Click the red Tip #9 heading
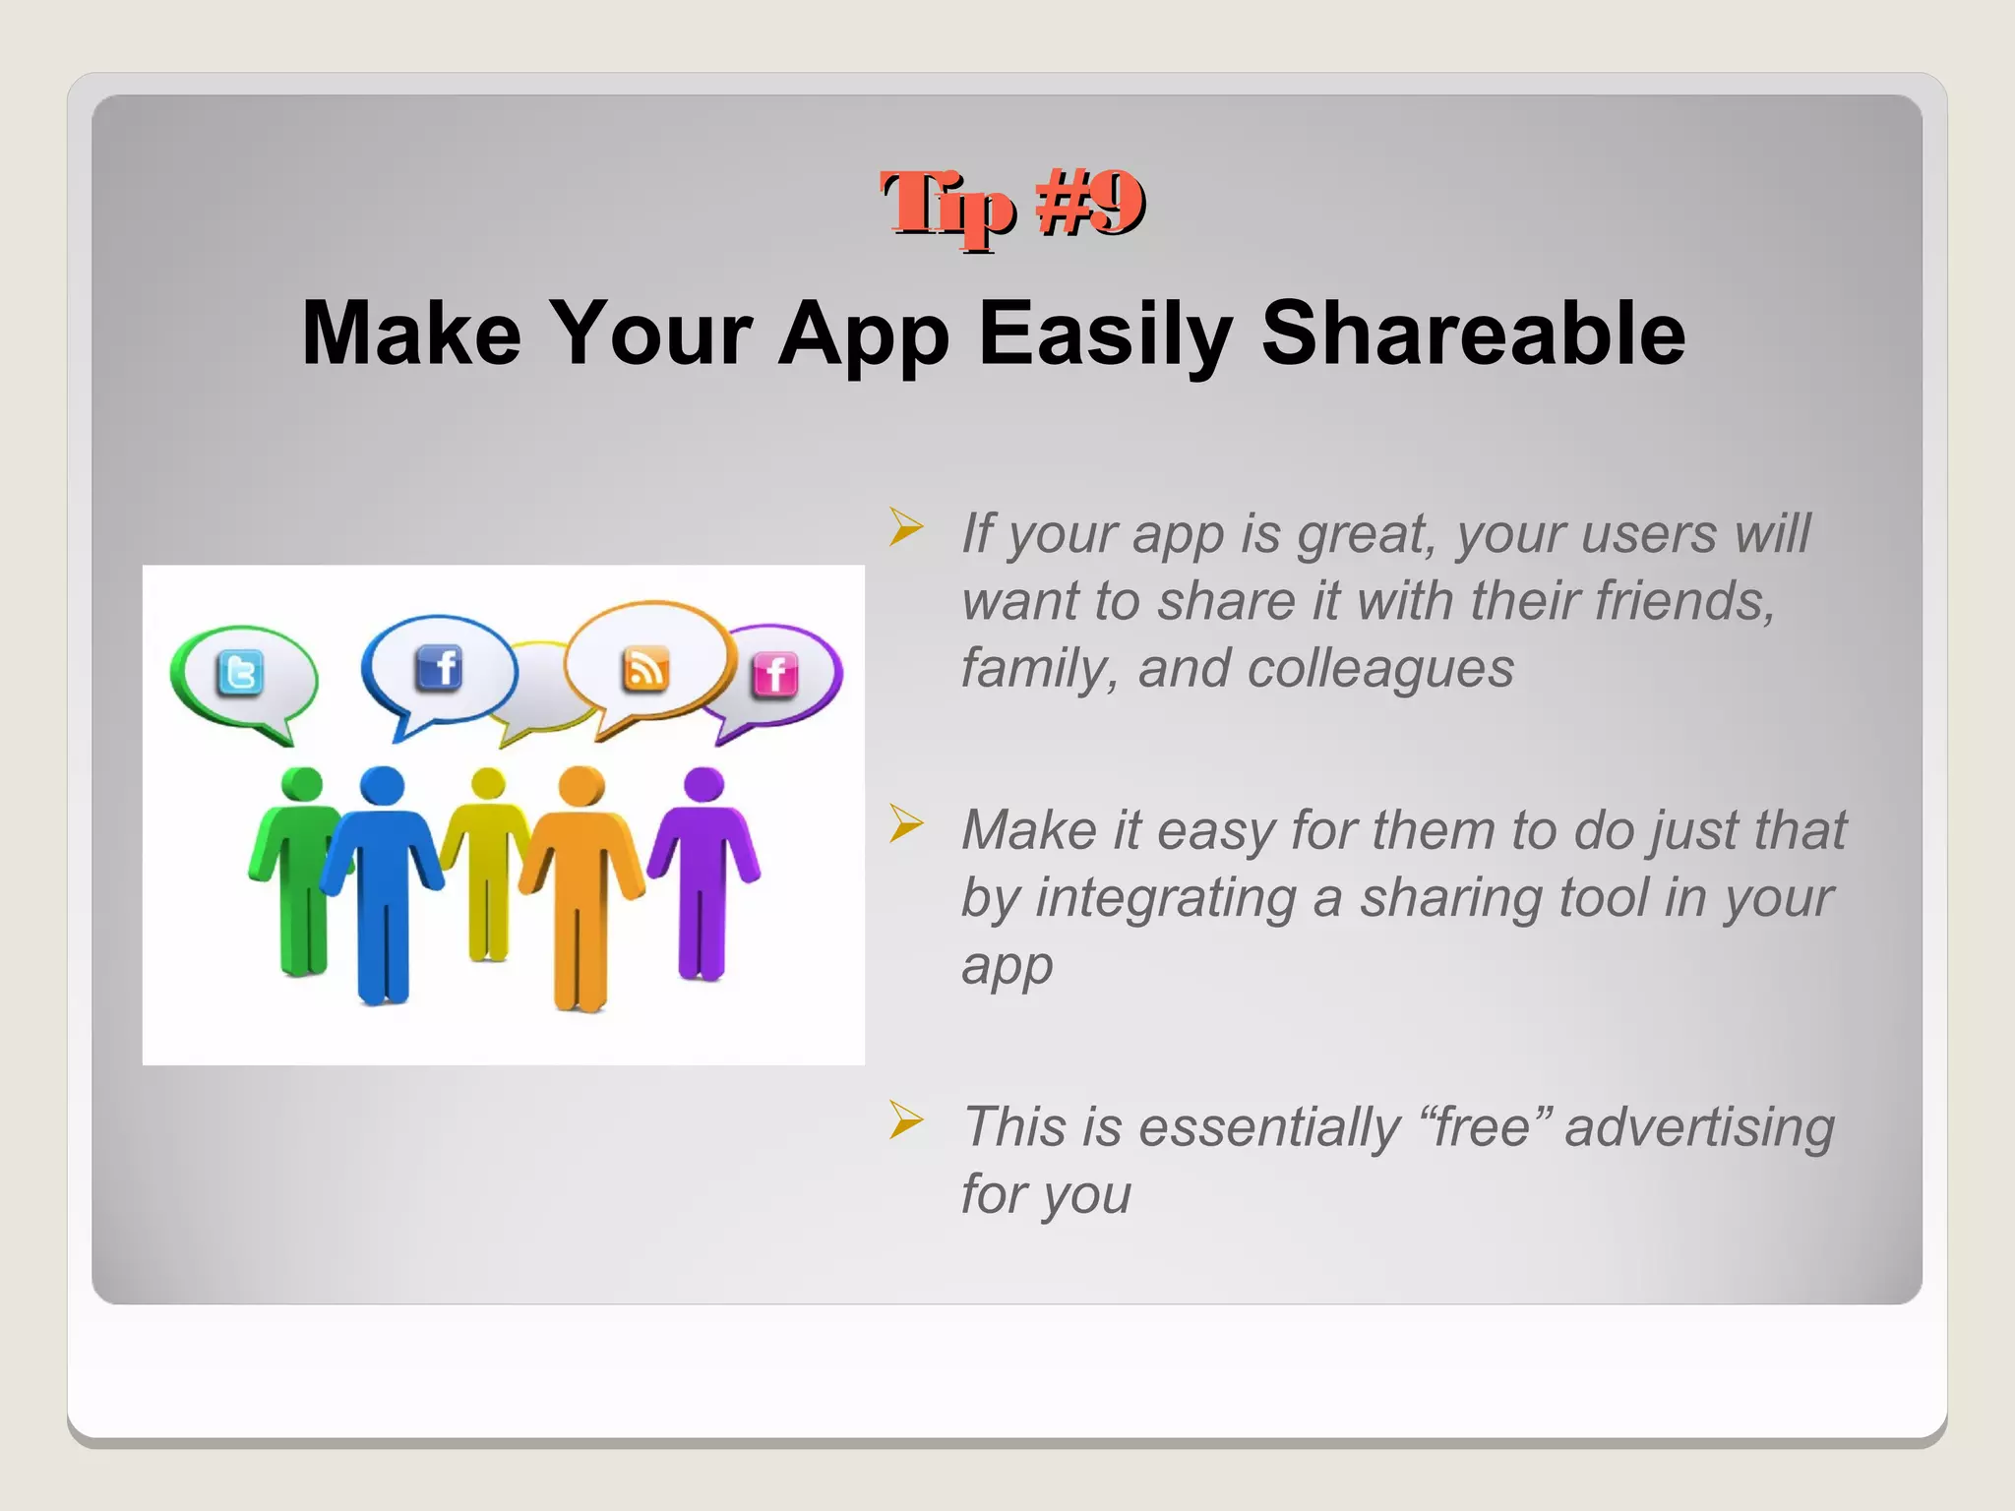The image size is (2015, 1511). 1011,205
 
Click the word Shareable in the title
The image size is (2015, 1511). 1473,333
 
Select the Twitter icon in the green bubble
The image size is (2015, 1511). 240,673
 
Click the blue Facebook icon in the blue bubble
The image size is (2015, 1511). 439,669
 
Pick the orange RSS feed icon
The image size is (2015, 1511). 645,669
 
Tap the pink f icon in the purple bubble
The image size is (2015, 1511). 775,675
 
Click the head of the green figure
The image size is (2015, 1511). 302,784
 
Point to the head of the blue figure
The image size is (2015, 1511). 382,786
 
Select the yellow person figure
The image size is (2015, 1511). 488,866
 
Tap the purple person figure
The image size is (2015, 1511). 702,866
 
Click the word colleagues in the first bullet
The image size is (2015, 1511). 1379,669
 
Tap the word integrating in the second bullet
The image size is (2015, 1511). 1165,898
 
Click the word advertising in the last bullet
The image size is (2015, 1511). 1699,1127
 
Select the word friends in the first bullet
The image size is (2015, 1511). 1682,601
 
